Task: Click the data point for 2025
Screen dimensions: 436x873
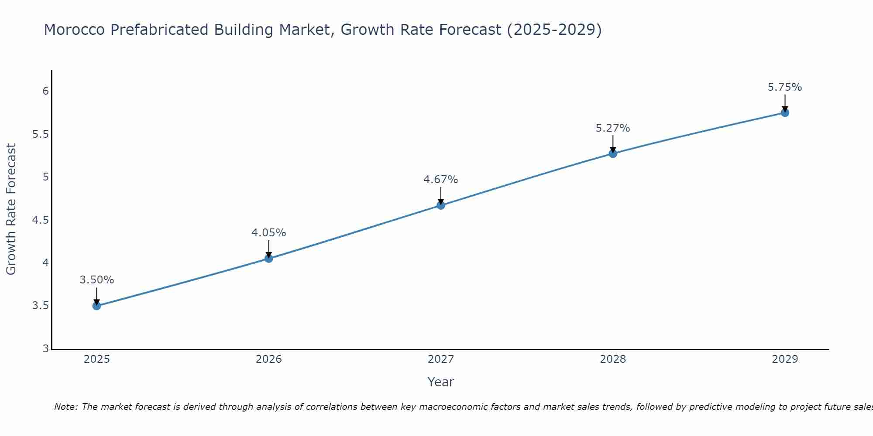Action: (x=96, y=306)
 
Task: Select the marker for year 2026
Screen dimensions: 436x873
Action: (x=268, y=259)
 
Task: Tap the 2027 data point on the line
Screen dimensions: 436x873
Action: (x=441, y=205)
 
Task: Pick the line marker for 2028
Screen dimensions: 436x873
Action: (x=613, y=153)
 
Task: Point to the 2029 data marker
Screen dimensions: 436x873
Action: (x=785, y=112)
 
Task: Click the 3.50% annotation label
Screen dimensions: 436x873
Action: (x=97, y=280)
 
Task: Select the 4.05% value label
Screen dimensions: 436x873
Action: (x=268, y=233)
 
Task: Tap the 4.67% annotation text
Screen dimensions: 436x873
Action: (x=441, y=180)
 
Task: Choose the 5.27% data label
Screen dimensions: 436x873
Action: (x=613, y=128)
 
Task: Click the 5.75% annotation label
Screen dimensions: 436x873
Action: (x=785, y=87)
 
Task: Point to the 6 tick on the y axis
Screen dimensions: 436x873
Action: (x=45, y=91)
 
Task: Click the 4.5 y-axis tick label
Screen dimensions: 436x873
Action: (x=41, y=220)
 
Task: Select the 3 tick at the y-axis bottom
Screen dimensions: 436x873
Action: (x=45, y=349)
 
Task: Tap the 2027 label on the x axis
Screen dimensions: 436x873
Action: (x=441, y=359)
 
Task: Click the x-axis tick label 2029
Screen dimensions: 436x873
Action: (x=785, y=359)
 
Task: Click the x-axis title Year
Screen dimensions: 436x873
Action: (x=441, y=382)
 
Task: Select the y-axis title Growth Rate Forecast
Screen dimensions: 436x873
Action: (x=11, y=209)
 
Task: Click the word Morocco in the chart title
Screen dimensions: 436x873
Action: (x=75, y=30)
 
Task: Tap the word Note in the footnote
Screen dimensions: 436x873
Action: (x=65, y=407)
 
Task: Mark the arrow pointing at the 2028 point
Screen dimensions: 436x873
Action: (x=613, y=144)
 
